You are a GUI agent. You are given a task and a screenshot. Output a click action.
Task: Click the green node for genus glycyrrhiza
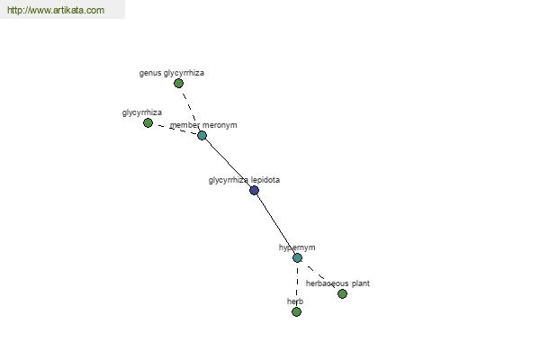coord(178,84)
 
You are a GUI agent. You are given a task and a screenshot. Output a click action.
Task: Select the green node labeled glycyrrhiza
coord(148,122)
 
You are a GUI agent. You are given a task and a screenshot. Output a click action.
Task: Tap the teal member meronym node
coord(202,135)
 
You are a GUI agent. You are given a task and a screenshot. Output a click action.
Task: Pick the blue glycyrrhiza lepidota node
coord(254,190)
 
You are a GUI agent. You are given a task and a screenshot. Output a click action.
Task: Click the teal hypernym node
coord(298,257)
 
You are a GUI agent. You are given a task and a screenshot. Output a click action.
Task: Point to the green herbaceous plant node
coord(342,294)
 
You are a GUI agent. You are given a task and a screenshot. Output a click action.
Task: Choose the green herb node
coord(296,311)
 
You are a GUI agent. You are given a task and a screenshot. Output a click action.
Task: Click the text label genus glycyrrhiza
coord(172,73)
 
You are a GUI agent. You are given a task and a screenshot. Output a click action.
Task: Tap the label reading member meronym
coord(203,125)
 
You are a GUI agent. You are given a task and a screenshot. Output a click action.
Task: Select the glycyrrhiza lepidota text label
coord(244,180)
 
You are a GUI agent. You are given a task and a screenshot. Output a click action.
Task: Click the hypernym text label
coord(297,247)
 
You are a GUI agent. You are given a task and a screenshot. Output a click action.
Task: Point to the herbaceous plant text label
coord(337,283)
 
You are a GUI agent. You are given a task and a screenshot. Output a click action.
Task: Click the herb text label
coord(295,301)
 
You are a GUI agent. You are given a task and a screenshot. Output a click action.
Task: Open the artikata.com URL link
coord(56,10)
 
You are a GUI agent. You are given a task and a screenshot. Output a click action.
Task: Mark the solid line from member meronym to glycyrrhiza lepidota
coord(228,163)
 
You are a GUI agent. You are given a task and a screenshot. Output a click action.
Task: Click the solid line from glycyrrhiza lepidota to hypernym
coord(276,224)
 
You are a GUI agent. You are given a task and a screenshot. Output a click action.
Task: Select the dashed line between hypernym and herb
coord(297,284)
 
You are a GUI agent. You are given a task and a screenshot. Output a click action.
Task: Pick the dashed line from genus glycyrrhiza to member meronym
coord(190,109)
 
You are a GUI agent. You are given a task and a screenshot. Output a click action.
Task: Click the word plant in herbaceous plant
coord(361,283)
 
